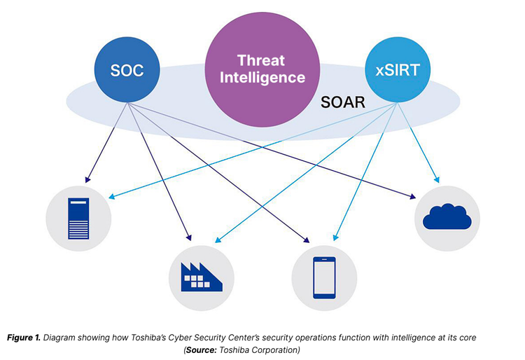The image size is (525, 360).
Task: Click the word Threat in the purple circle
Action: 262,60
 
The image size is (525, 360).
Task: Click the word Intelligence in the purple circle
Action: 262,77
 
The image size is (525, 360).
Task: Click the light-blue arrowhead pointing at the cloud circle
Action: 439,180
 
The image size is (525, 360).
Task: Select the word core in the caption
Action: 467,338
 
